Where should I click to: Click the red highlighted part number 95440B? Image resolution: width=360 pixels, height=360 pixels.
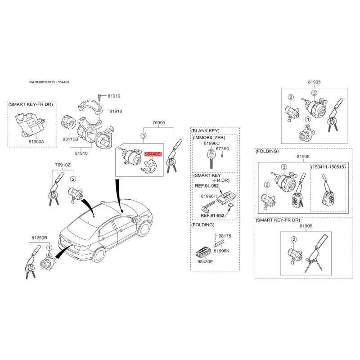pyautogui.click(x=153, y=154)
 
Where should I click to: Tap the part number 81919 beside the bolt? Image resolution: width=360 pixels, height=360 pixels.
pyautogui.click(x=114, y=96)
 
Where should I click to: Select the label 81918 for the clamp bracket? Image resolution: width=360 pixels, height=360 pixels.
pyautogui.click(x=116, y=111)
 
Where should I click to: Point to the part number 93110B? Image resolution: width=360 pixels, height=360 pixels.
pyautogui.click(x=70, y=139)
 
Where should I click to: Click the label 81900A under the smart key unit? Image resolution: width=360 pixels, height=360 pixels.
pyautogui.click(x=36, y=142)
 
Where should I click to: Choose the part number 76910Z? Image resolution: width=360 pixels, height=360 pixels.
pyautogui.click(x=63, y=165)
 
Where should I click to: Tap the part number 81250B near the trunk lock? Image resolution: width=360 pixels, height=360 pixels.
pyautogui.click(x=39, y=238)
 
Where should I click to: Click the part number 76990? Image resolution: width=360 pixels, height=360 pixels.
pyautogui.click(x=159, y=123)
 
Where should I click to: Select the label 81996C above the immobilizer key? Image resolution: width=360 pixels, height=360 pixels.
pyautogui.click(x=211, y=143)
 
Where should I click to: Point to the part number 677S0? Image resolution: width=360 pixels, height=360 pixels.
pyautogui.click(x=222, y=148)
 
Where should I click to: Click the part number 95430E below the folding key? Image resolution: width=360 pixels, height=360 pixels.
pyautogui.click(x=205, y=261)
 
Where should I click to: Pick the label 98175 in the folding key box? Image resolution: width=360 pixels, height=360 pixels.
pyautogui.click(x=225, y=236)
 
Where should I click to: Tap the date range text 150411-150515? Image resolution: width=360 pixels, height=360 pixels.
pyautogui.click(x=328, y=167)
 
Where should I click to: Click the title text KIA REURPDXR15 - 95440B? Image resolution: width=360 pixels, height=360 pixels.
pyautogui.click(x=49, y=82)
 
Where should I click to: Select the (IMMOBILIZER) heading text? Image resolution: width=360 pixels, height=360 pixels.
pyautogui.click(x=209, y=138)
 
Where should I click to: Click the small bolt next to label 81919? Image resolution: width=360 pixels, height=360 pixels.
pyautogui.click(x=100, y=97)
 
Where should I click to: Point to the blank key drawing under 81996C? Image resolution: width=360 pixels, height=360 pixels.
pyautogui.click(x=211, y=158)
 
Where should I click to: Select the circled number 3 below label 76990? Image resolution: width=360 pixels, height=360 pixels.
pyautogui.click(x=144, y=136)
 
